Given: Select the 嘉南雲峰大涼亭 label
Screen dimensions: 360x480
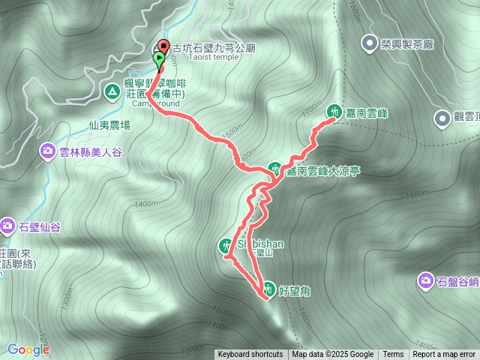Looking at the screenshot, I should pos(323,171).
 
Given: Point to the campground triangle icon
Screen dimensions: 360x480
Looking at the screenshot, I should pos(112,91).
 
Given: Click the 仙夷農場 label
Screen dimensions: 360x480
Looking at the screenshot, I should pos(109,125).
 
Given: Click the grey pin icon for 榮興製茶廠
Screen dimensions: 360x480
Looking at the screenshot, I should pos(369,43).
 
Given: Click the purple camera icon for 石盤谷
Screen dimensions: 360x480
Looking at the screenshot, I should pos(425,280).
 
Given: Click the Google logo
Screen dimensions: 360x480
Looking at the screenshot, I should pos(28,349).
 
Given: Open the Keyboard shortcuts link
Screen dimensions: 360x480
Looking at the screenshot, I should pos(250,355).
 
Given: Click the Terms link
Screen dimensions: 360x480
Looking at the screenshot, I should pos(393,355).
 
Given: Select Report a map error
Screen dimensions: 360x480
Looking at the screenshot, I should pos(445,355).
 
